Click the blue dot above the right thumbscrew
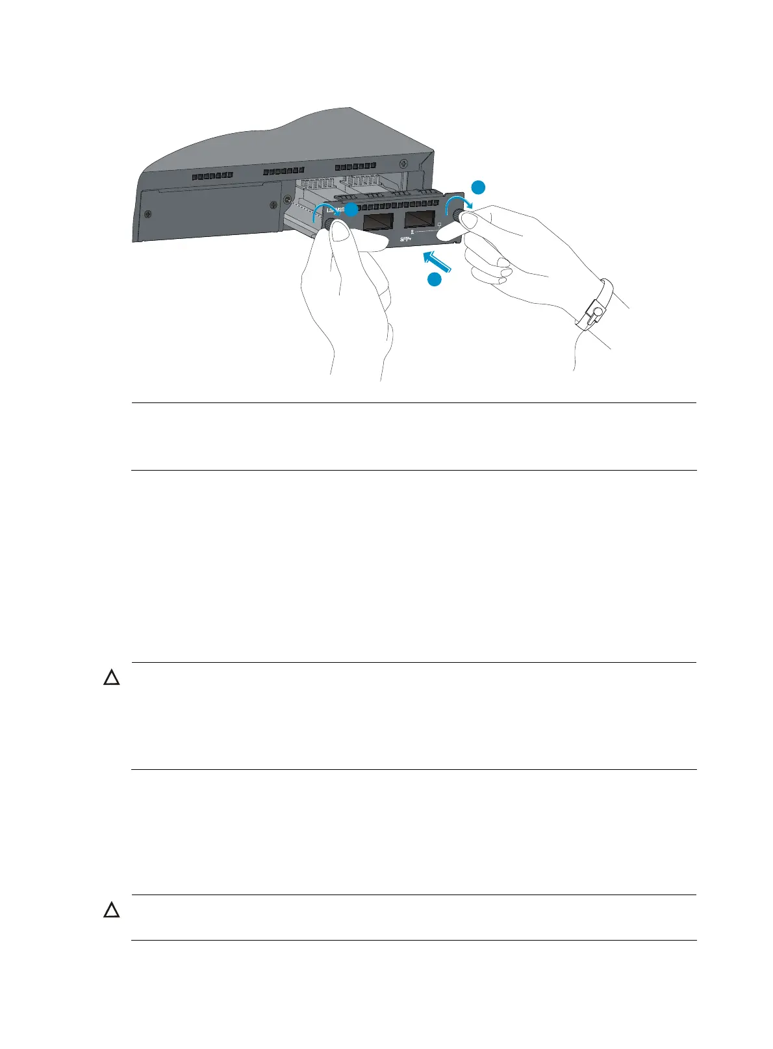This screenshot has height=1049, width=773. [478, 188]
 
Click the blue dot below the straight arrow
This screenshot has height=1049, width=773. [435, 280]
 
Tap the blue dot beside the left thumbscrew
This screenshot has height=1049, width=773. [351, 210]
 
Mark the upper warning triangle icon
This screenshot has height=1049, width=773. [112, 679]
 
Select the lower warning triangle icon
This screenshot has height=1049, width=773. [112, 911]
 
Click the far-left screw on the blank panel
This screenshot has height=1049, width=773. [149, 215]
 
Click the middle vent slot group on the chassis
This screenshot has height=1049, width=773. [279, 172]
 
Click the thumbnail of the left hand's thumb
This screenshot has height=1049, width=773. [339, 236]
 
